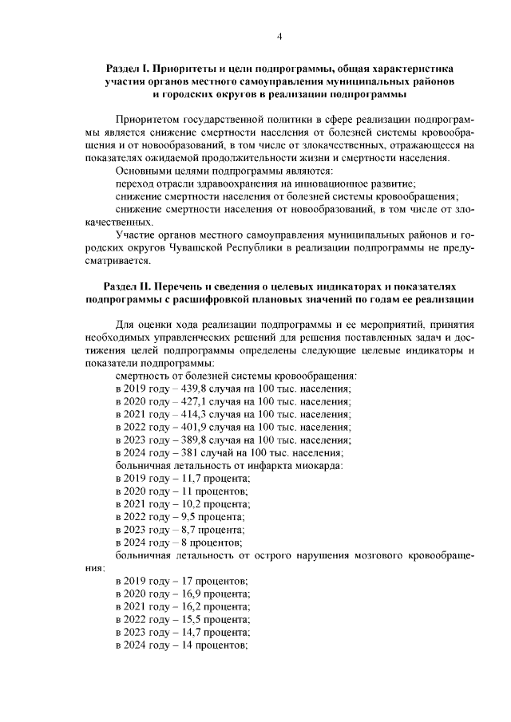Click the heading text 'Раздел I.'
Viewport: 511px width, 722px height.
point(128,67)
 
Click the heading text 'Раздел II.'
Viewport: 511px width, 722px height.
point(127,285)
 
